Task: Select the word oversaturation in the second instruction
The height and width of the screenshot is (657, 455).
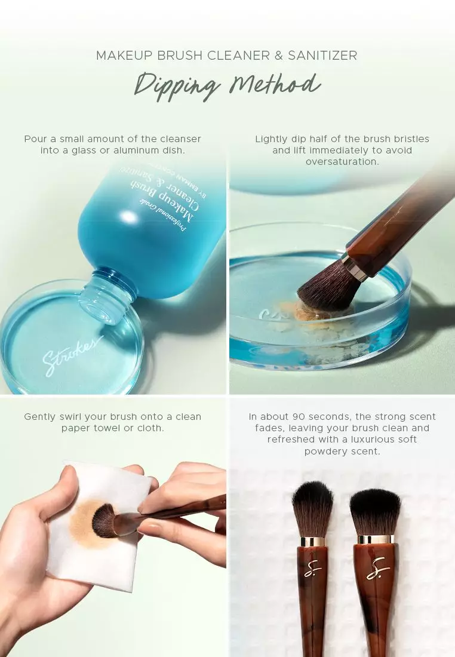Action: [342, 162]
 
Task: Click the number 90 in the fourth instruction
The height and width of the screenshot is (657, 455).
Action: [300, 416]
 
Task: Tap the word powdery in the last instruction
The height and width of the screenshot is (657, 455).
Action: [327, 451]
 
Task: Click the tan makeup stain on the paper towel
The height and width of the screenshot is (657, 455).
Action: [84, 526]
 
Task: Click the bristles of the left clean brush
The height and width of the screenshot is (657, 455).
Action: [312, 508]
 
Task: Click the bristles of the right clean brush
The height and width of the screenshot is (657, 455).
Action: [375, 511]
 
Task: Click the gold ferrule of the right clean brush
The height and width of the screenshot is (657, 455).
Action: [376, 539]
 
